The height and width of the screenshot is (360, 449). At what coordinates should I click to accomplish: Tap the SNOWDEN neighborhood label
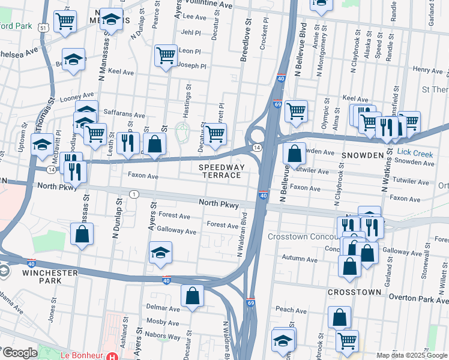tap(362, 155)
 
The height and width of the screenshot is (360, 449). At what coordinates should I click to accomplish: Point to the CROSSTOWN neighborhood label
tap(355, 292)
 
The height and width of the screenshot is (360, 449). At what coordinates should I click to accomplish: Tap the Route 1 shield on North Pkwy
tap(134, 194)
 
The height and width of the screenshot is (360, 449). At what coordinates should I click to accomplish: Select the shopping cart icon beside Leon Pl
tap(166, 55)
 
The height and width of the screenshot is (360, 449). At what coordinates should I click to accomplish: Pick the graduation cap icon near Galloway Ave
tap(160, 252)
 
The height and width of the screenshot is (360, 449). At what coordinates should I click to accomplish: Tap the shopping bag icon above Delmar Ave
tap(192, 295)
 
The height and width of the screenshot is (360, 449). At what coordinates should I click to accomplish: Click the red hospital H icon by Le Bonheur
tap(110, 356)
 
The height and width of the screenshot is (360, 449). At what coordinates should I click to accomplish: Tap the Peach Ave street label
tap(292, 310)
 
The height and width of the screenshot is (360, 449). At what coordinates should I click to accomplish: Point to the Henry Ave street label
tap(427, 71)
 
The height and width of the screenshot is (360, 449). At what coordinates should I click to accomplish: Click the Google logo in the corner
tap(19, 353)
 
